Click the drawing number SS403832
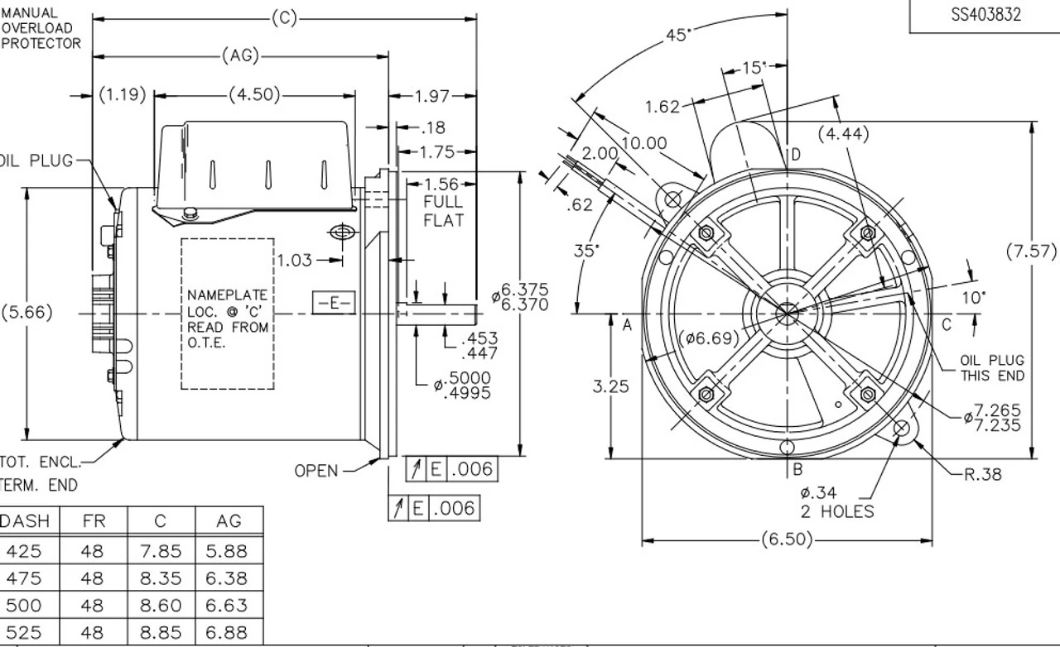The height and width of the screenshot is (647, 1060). coord(985,15)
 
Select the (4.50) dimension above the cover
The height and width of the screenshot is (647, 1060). coord(255,94)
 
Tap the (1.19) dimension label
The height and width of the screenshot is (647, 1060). coord(123,94)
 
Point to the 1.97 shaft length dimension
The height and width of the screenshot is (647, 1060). coord(431,97)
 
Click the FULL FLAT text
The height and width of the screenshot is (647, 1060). coord(443,211)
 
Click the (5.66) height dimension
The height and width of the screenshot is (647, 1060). coord(26,312)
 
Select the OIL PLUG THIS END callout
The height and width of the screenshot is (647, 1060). coord(991,368)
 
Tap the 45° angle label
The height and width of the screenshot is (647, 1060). coord(678,36)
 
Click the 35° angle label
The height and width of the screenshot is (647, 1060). coord(586,251)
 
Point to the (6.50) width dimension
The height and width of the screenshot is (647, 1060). coord(786,540)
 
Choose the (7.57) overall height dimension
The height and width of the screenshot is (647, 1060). coord(1031,251)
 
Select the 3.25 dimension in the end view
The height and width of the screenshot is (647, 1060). coord(611,386)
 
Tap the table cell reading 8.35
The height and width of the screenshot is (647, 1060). coord(161,578)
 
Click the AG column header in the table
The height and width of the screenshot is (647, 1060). coord(229,521)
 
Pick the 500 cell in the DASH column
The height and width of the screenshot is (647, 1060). coord(23,605)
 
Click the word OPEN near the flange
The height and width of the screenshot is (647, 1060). coord(316,471)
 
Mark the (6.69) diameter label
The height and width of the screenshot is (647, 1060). coord(709,338)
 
